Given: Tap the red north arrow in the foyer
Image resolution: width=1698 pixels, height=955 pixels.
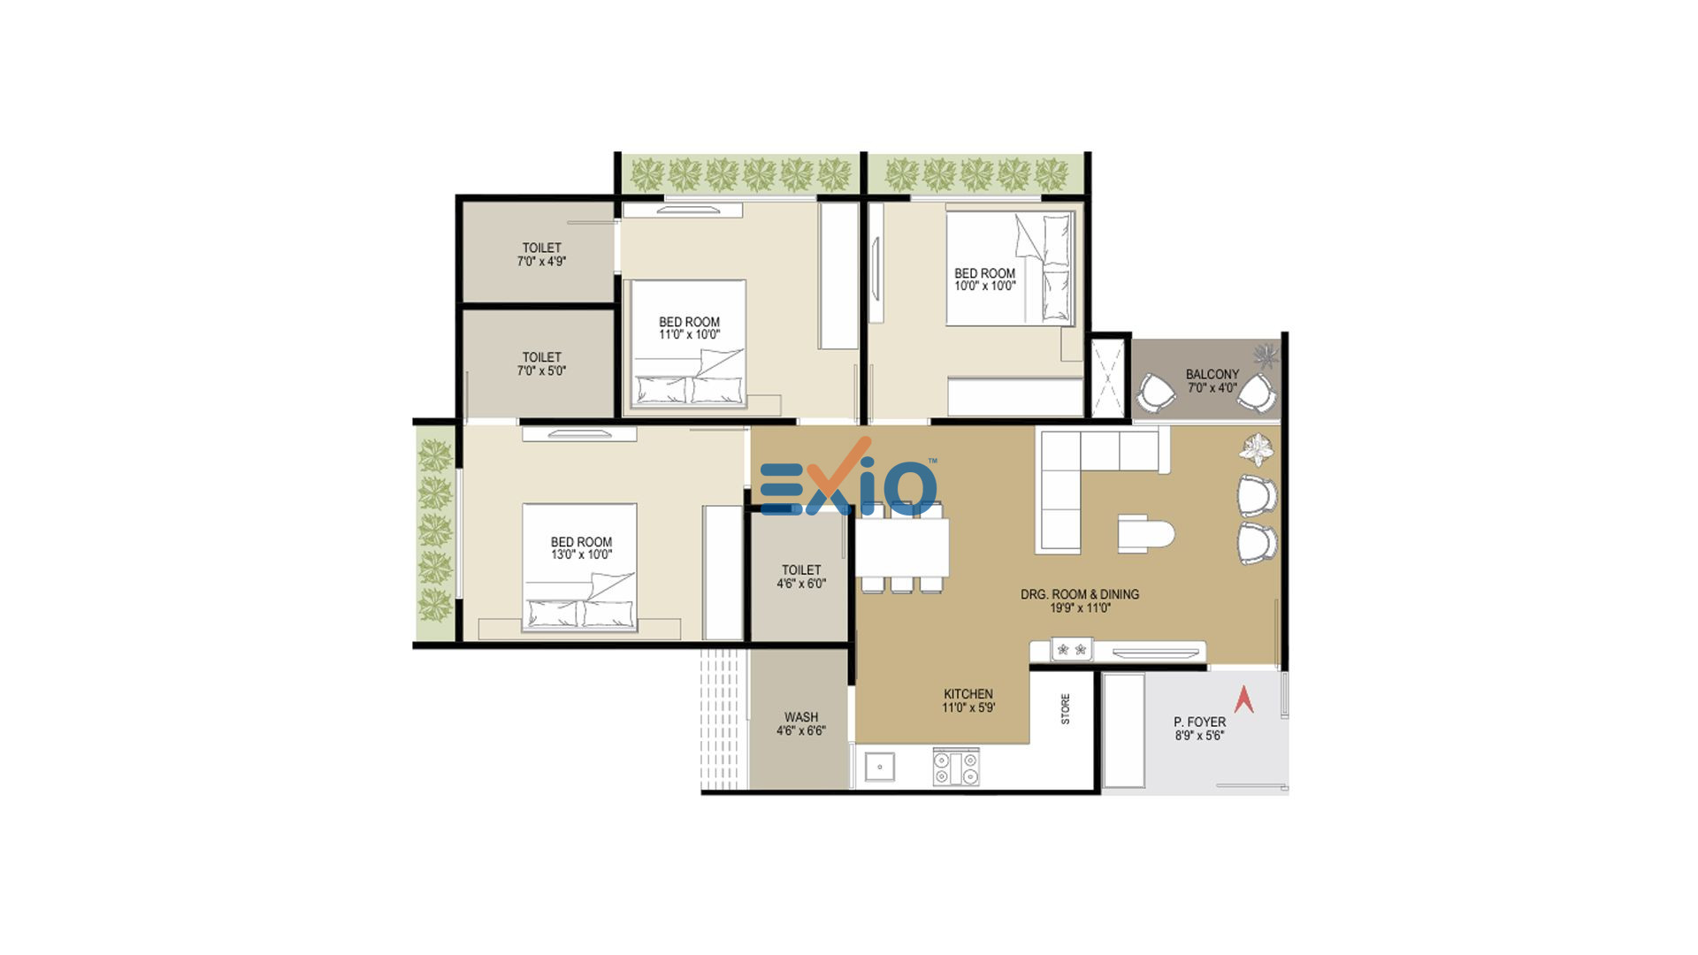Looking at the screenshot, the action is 1244,699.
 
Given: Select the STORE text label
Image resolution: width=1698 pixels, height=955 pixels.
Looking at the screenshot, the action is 1065,709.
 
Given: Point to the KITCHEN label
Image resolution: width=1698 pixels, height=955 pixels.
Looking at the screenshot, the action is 968,694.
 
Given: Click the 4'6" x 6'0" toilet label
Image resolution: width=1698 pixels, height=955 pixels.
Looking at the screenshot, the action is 801,584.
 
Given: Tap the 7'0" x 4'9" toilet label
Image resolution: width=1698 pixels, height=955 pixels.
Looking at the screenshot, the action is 541,262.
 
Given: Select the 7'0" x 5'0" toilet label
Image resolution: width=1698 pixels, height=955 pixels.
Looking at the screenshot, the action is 541,371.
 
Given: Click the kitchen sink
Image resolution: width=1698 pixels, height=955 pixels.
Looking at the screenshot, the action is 879,767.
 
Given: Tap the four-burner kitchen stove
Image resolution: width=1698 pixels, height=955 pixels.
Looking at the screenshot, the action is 956,767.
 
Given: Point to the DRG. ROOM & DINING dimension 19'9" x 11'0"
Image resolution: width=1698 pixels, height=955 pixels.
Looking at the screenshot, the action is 1080,608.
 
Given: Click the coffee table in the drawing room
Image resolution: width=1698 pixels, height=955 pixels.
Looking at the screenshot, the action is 1145,534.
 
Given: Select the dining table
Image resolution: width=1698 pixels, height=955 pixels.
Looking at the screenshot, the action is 902,547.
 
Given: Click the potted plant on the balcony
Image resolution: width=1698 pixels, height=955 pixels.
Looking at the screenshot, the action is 1266,356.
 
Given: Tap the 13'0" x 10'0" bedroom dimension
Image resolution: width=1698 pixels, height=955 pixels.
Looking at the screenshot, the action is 581,555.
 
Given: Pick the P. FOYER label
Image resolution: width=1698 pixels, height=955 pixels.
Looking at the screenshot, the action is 1200,722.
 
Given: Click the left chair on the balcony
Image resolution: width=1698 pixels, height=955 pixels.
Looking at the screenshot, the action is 1156,393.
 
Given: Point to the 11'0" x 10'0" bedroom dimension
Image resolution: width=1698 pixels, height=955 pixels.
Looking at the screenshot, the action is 689,335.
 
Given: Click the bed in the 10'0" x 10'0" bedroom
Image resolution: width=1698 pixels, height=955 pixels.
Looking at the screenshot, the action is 1011,268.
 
